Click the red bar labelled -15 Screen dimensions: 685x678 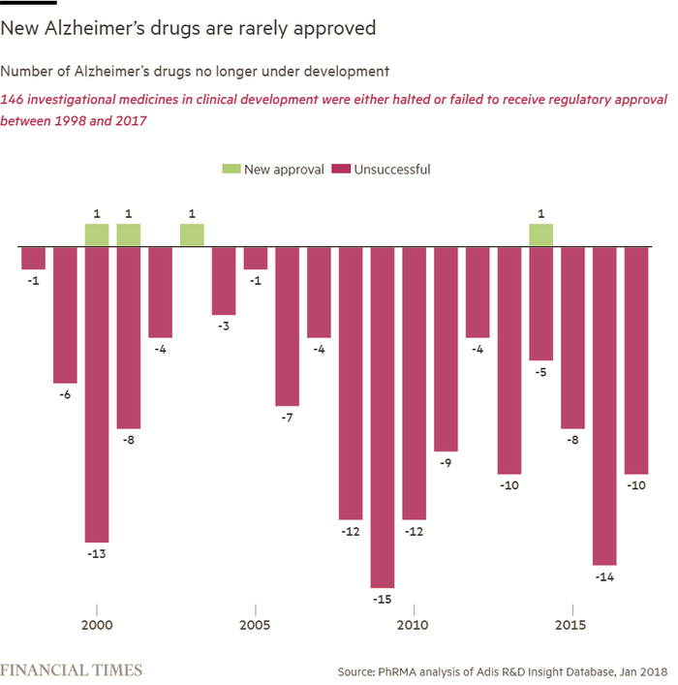point(382,417)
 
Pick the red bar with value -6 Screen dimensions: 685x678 point(65,315)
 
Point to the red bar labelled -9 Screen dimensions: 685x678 point(446,349)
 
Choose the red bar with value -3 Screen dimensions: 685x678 point(224,280)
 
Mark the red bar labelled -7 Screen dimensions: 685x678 point(287,326)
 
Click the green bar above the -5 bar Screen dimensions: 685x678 point(540,234)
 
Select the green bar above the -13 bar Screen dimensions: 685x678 point(97,234)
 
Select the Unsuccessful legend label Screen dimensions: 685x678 point(392,170)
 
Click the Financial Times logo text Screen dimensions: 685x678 point(72,669)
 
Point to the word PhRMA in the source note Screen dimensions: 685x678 point(408,670)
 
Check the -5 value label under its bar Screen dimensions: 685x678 point(540,373)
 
